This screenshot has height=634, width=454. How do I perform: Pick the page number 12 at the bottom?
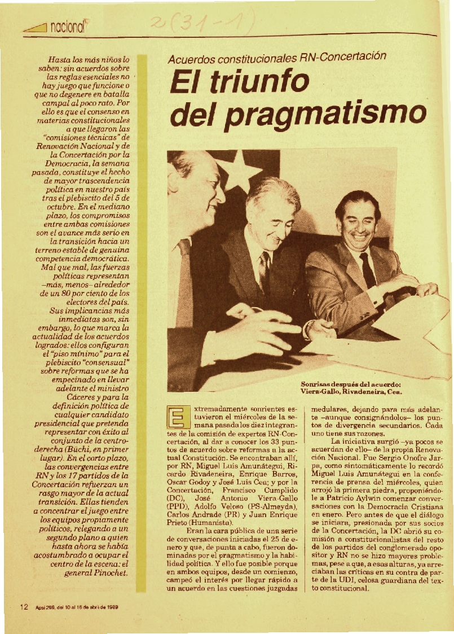[24, 607]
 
